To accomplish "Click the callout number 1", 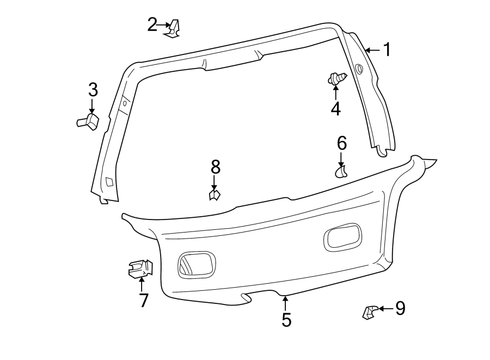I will (387, 50).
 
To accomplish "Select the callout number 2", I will (152, 25).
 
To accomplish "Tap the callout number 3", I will (93, 89).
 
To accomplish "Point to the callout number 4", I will (335, 108).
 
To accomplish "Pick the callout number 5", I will (286, 320).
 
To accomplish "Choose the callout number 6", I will (341, 143).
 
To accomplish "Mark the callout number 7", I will (143, 300).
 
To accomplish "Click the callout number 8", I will (215, 166).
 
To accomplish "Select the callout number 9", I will (400, 309).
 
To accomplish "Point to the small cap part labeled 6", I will (341, 172).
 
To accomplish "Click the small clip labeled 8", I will (215, 194).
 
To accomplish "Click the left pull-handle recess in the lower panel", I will (197, 264).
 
